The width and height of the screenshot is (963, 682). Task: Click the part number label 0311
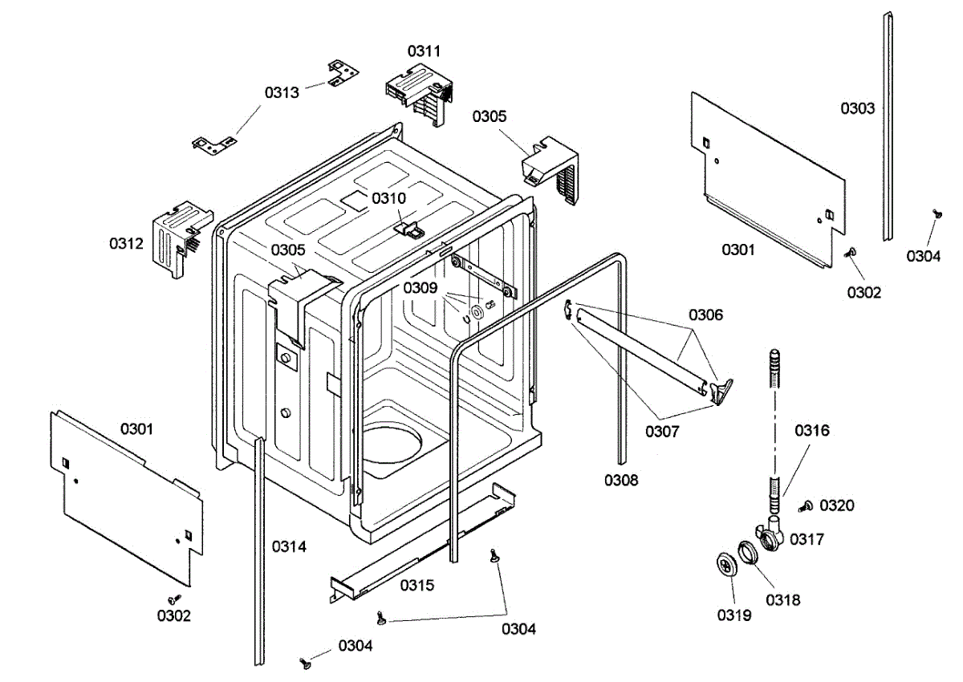tap(424, 51)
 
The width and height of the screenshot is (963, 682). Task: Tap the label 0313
tap(282, 92)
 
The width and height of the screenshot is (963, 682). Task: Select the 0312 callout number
tap(126, 244)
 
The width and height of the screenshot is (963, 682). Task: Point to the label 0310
tap(388, 198)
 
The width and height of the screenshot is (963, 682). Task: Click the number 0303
tap(858, 108)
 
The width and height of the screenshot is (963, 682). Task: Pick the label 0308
tap(621, 480)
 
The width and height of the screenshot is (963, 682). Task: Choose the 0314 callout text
tap(289, 546)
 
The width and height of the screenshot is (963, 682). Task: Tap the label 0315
tap(417, 585)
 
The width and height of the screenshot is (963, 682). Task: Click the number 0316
tap(812, 430)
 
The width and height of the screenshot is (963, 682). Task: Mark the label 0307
tap(662, 432)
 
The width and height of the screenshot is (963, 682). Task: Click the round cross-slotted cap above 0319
tap(727, 566)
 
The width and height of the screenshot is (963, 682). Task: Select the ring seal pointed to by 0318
tap(749, 552)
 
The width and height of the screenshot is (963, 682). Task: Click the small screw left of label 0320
tap(806, 506)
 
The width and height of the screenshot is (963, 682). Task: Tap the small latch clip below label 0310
tap(408, 228)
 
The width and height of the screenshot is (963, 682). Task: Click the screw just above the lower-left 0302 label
tap(175, 599)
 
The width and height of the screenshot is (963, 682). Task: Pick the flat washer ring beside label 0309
tap(477, 311)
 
